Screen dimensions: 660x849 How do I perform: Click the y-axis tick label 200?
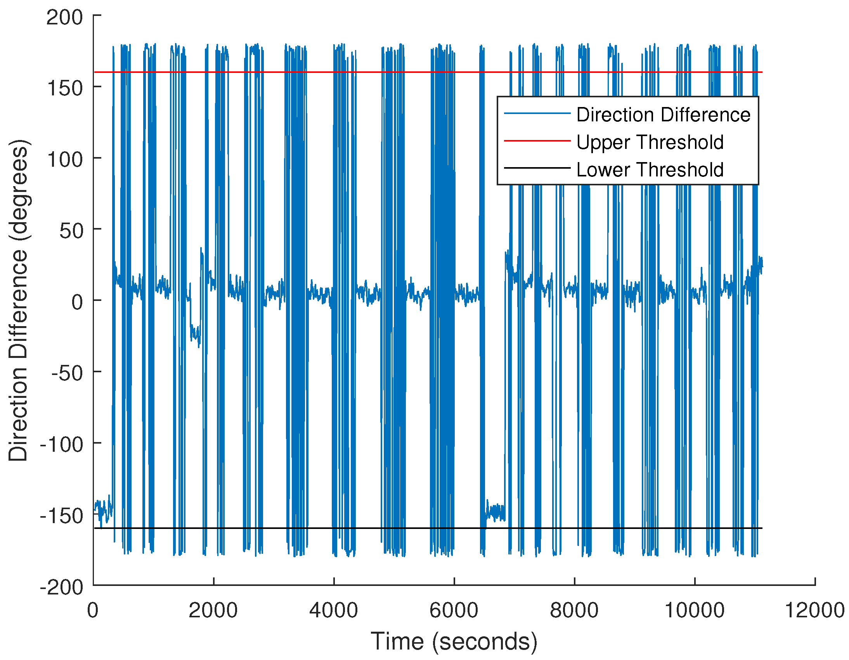click(64, 17)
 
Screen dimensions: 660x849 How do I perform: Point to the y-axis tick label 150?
click(64, 88)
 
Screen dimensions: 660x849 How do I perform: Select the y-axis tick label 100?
click(64, 160)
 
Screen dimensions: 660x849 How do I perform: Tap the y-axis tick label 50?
click(71, 231)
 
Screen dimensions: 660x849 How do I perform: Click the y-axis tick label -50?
click(67, 374)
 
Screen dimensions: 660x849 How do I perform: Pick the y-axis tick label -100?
click(61, 445)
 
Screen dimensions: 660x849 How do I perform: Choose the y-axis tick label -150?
click(61, 516)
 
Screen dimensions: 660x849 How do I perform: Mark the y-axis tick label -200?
click(61, 587)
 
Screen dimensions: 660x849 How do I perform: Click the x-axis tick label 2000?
click(213, 611)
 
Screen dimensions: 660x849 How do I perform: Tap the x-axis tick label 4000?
click(334, 611)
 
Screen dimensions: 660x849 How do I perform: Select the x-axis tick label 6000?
click(454, 611)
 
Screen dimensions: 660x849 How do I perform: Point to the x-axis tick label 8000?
click(574, 611)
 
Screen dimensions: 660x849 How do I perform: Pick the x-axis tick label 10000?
click(694, 611)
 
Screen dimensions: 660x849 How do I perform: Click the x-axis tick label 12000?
click(815, 611)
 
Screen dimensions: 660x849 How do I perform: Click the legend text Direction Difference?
click(663, 115)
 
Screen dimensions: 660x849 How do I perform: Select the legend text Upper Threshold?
click(650, 142)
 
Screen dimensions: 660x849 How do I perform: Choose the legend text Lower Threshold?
click(650, 170)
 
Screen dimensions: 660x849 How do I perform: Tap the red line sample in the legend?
click(537, 141)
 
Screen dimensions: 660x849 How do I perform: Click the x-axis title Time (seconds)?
click(454, 641)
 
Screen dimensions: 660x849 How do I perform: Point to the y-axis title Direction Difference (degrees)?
click(18, 300)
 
